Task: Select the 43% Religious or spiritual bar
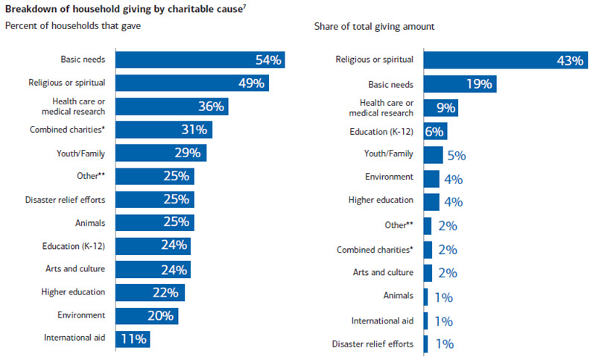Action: (x=506, y=60)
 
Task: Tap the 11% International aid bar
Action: (x=134, y=338)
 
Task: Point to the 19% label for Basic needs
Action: (x=478, y=84)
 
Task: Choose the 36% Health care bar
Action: (x=172, y=107)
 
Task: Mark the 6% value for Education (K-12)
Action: (x=434, y=132)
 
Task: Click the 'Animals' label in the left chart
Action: (x=89, y=222)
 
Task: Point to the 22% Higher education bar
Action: (x=150, y=292)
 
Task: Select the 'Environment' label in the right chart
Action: (x=390, y=177)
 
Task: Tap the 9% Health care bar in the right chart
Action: (x=440, y=108)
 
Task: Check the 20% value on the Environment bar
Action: (x=161, y=315)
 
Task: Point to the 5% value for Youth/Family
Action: (x=456, y=156)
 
